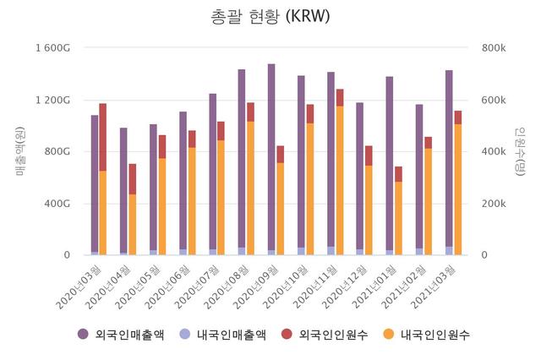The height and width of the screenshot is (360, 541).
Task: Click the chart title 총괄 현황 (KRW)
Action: (x=270, y=16)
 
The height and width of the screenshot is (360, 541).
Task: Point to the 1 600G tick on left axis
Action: (x=52, y=47)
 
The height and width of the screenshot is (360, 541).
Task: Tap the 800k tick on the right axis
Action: (x=494, y=47)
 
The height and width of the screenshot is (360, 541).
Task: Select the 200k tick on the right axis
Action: (x=494, y=204)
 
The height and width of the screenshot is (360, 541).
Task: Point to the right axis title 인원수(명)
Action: (x=521, y=151)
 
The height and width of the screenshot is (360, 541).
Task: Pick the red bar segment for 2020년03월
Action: (x=103, y=137)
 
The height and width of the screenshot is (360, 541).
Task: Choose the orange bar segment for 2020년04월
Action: (x=133, y=224)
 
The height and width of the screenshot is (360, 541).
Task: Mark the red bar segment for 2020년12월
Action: (x=369, y=155)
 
